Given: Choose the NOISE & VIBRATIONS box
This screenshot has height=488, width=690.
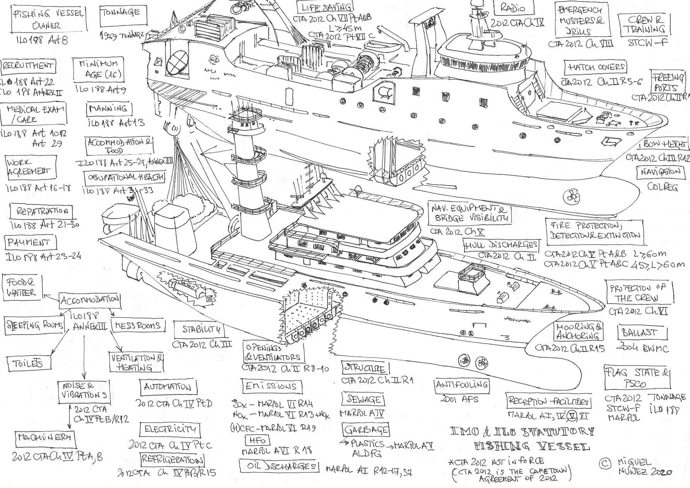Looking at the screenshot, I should tap(84, 391).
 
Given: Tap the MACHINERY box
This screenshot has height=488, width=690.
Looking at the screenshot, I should tap(45, 438).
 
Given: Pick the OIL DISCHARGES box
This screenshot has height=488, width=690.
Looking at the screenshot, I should tap(279, 466).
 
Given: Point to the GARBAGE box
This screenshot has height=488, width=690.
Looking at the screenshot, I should tap(365, 430).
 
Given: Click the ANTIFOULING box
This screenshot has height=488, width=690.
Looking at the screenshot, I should tap(462, 385).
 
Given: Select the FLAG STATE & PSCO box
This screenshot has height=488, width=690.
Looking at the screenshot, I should tap(637, 378).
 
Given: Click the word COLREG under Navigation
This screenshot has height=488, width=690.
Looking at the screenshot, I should tap(663, 187).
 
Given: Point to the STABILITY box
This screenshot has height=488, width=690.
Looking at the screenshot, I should tap(202, 329).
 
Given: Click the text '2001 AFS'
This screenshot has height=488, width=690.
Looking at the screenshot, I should tap(459, 399).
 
